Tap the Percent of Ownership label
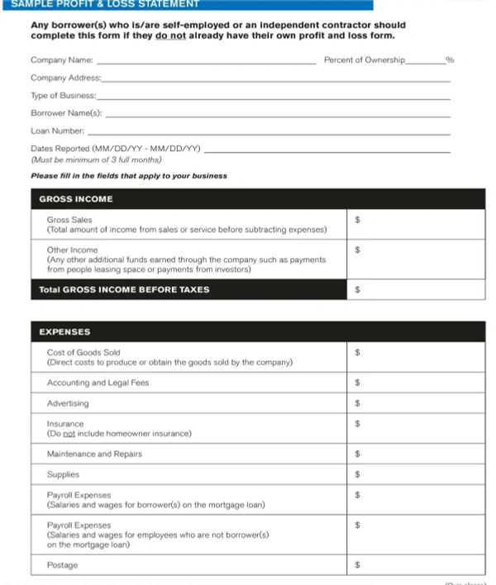[x=364, y=60]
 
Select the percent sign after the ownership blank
[x=450, y=60]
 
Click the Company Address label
[x=65, y=78]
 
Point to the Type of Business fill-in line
[x=273, y=98]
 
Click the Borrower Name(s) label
[x=66, y=113]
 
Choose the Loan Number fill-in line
[x=269, y=134]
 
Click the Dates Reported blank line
[x=327, y=151]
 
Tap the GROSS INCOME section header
[x=76, y=199]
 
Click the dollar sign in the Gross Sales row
[x=356, y=221]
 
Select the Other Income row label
[x=73, y=250]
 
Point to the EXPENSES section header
[x=65, y=332]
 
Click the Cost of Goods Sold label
[x=83, y=353]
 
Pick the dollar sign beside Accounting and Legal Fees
[x=356, y=383]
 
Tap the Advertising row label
[x=68, y=404]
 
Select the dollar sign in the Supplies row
[x=356, y=475]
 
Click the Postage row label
[x=63, y=565]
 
